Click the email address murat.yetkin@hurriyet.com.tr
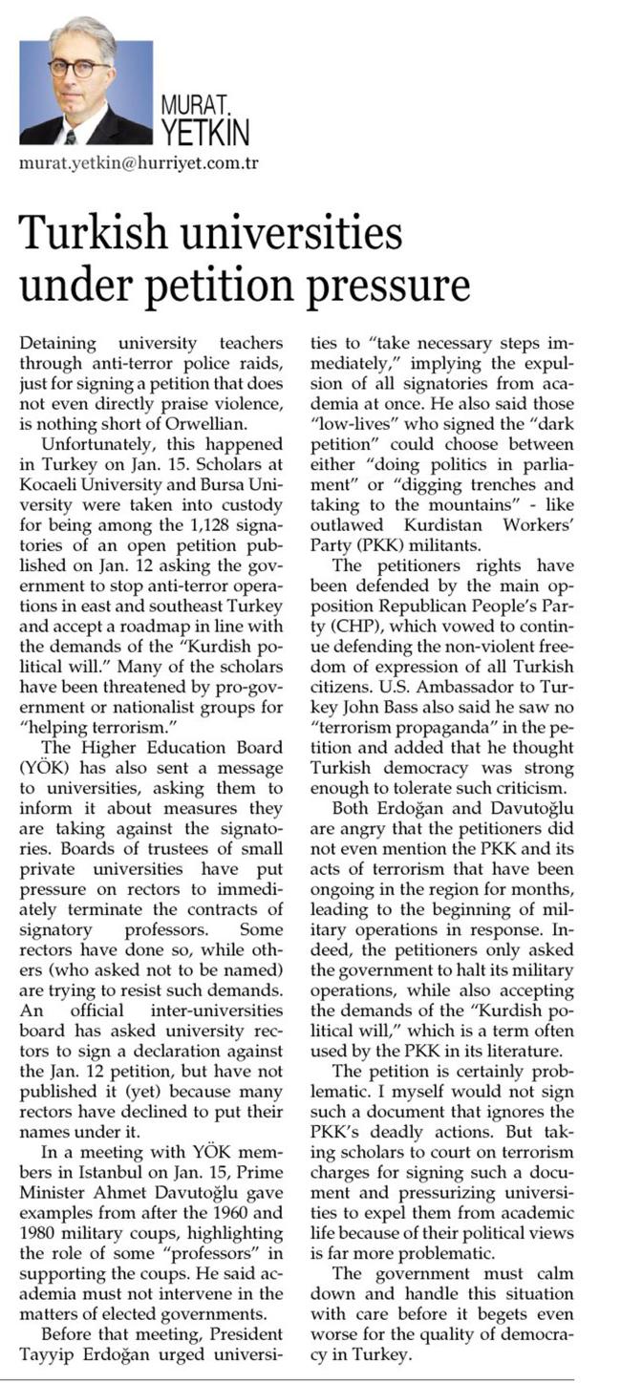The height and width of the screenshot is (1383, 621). [x=139, y=163]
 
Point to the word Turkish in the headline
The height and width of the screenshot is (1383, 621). [x=88, y=233]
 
